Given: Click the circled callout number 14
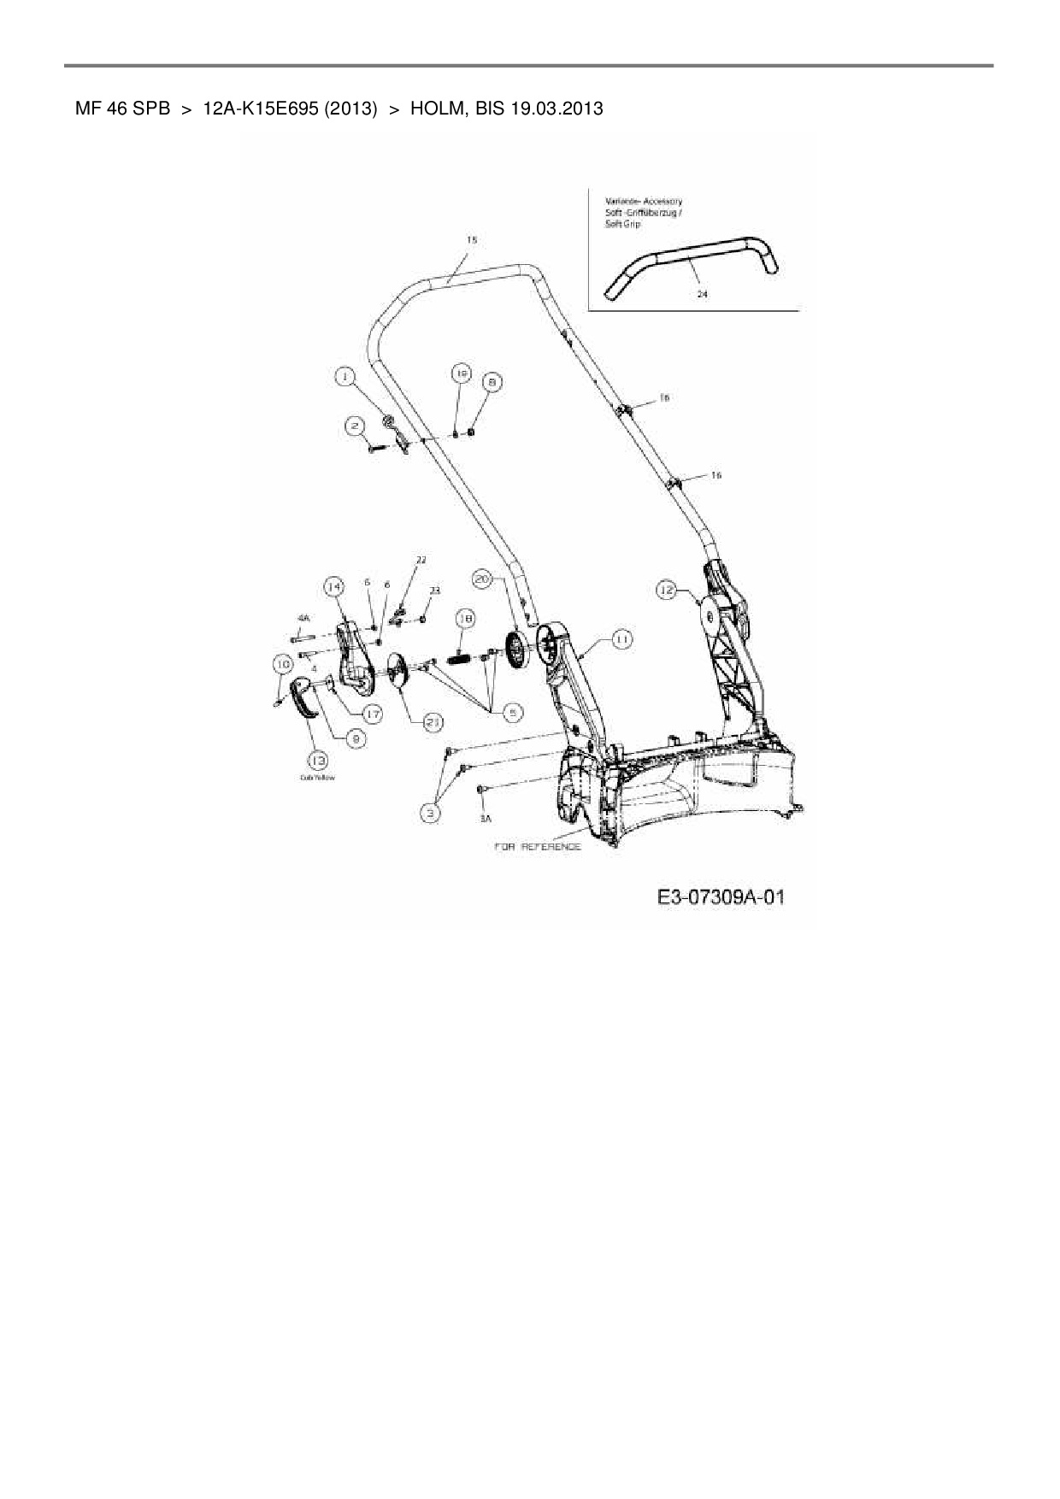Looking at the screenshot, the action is pyautogui.click(x=333, y=586).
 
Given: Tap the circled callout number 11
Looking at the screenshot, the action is pyautogui.click(x=621, y=639).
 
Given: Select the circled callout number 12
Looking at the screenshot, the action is pyautogui.click(x=667, y=589).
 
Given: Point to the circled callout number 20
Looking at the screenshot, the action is pyautogui.click(x=483, y=579).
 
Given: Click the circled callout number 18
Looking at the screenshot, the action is pyautogui.click(x=465, y=618).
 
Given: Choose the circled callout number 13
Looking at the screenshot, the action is pyautogui.click(x=319, y=760).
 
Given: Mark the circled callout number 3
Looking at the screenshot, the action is pyautogui.click(x=433, y=813).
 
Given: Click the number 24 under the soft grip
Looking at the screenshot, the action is pyautogui.click(x=702, y=293).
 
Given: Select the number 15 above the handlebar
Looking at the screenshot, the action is pyautogui.click(x=471, y=241).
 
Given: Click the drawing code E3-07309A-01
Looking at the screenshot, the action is pyautogui.click(x=721, y=897).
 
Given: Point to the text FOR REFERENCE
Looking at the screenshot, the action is pyautogui.click(x=538, y=847).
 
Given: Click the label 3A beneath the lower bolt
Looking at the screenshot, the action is pyautogui.click(x=486, y=819).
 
